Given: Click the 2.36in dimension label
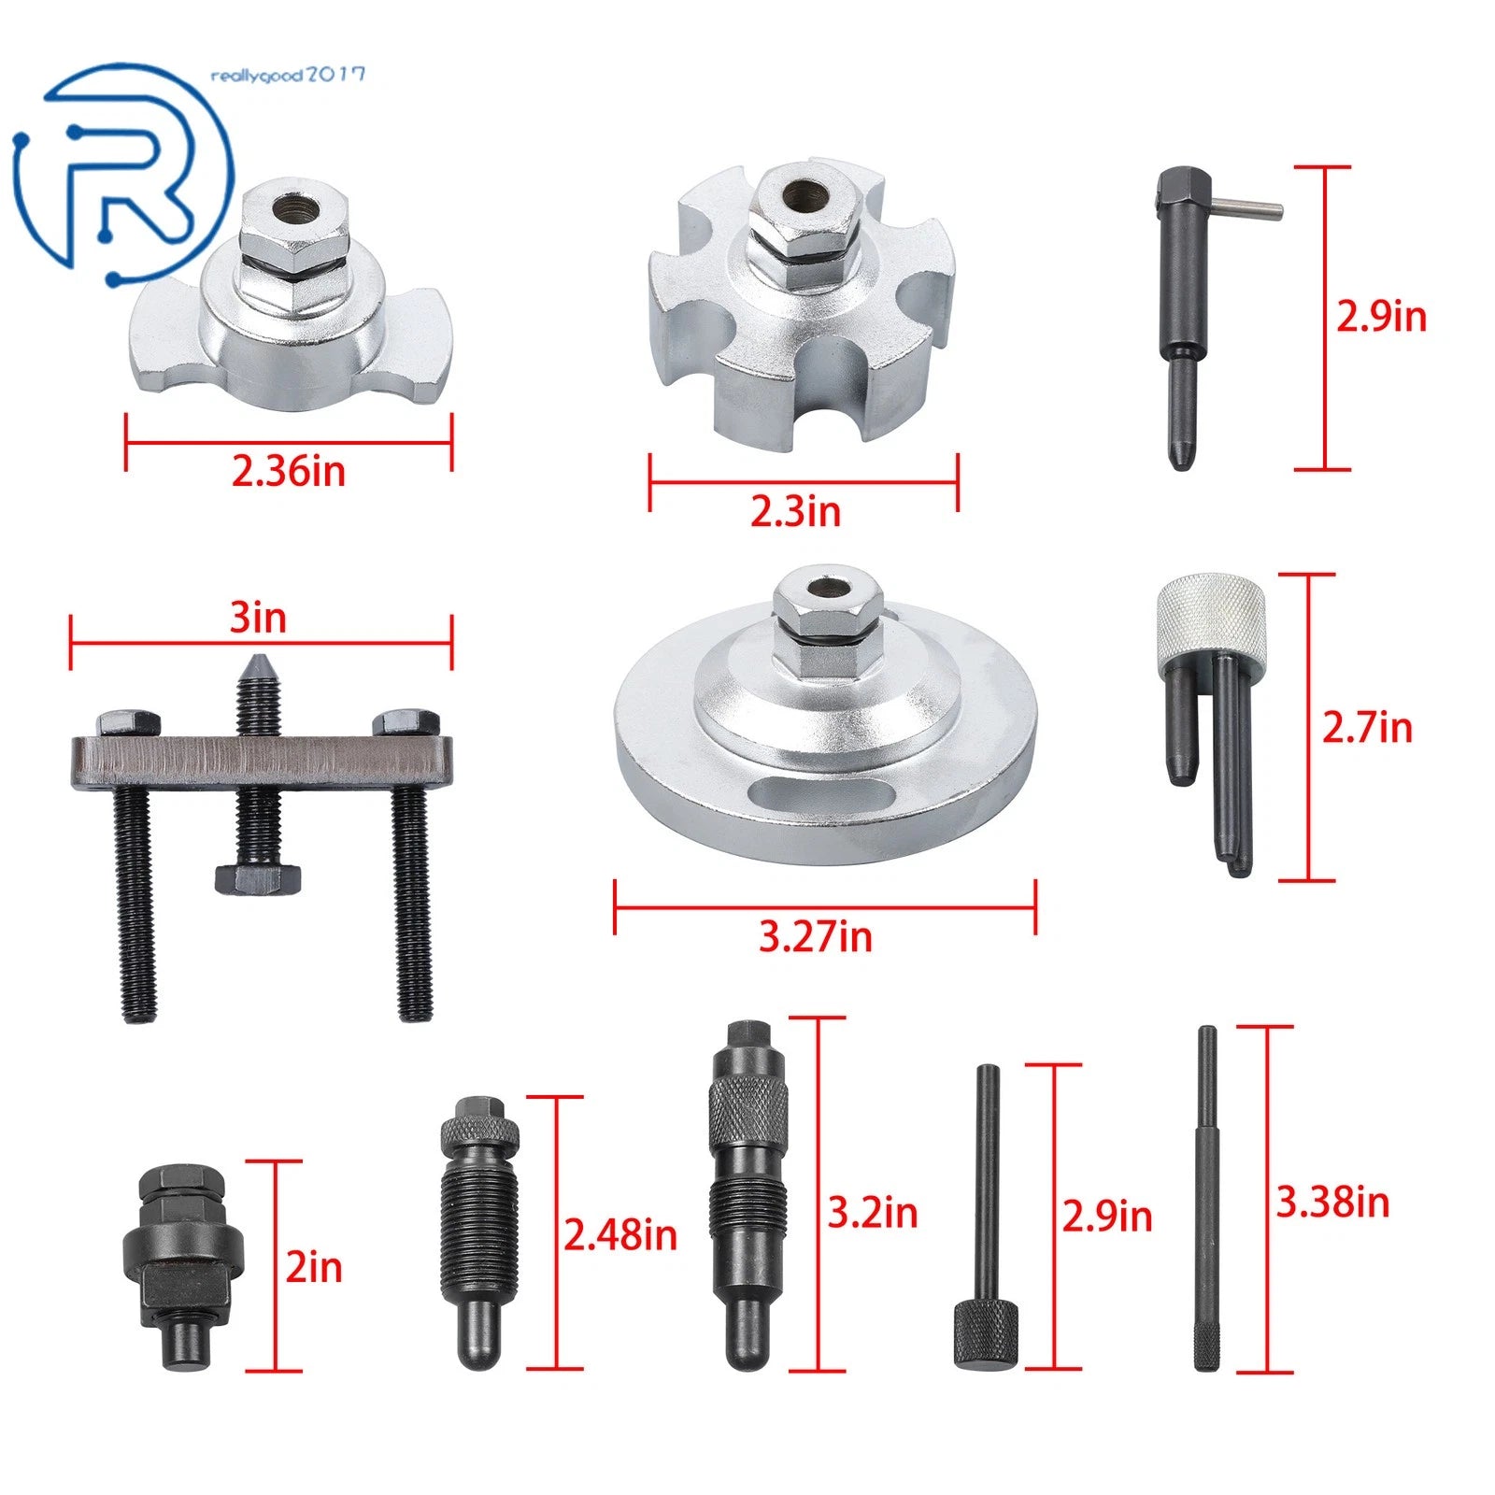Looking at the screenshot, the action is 289,470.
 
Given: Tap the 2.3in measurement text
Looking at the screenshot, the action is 795,511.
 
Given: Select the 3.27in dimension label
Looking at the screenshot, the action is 815,936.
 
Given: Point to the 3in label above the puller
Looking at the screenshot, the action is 258,618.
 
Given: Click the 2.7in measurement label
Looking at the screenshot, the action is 1367,727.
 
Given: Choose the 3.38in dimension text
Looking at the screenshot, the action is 1332,1202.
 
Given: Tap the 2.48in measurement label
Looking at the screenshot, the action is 619,1235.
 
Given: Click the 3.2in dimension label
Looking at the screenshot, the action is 873,1213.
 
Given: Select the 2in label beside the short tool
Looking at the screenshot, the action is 314,1267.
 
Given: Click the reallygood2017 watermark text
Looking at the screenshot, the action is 288,76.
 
